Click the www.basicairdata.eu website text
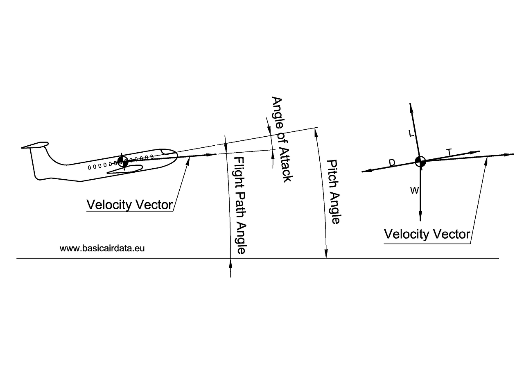pos(102,248)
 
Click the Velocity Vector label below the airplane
pos(129,205)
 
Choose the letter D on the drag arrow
pos(392,163)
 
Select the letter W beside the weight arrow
pos(414,191)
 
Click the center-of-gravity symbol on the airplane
pos(123,161)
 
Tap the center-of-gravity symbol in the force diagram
pos(420,161)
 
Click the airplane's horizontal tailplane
pos(35,145)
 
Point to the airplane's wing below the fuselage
pos(125,169)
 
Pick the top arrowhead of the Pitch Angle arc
pos(316,131)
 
